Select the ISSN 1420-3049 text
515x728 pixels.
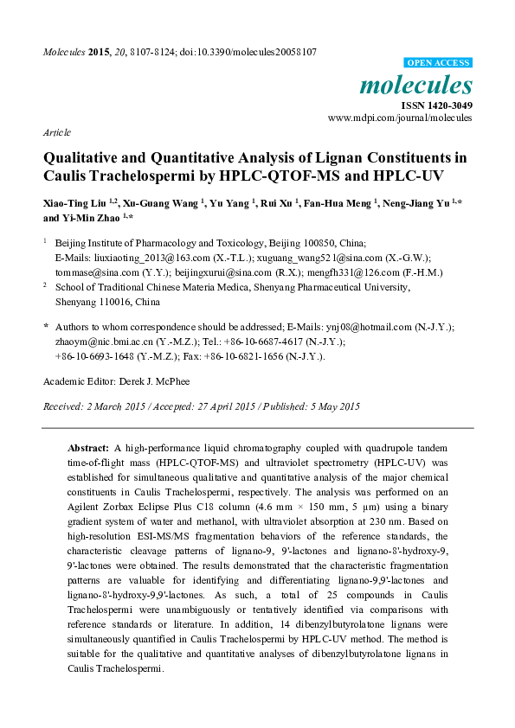[x=436, y=105]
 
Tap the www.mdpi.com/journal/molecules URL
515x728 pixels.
[x=400, y=118]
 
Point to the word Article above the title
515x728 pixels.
[x=57, y=132]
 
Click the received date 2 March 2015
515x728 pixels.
[x=105, y=406]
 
